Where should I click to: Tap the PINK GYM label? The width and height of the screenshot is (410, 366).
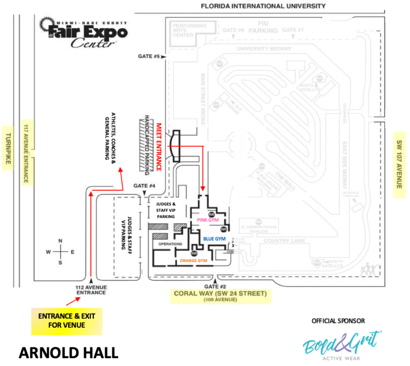pyautogui.click(x=208, y=220)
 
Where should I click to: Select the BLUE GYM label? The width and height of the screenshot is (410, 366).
pyautogui.click(x=214, y=239)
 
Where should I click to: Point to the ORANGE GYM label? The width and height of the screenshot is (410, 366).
pyautogui.click(x=193, y=261)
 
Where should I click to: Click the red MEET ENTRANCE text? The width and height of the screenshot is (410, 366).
pyautogui.click(x=159, y=147)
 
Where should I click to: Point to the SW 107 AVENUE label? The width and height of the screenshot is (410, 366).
pyautogui.click(x=399, y=165)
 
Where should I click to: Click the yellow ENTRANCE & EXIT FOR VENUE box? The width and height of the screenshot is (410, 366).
pyautogui.click(x=67, y=320)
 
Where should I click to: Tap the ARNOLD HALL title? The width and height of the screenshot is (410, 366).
pyautogui.click(x=68, y=353)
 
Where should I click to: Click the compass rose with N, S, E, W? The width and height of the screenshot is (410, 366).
pyautogui.click(x=60, y=251)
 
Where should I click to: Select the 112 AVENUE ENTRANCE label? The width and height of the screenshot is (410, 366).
pyautogui.click(x=91, y=290)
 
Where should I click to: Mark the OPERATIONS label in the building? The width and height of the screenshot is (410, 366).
pyautogui.click(x=170, y=244)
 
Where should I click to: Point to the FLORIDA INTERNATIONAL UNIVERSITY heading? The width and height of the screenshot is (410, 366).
pyautogui.click(x=263, y=6)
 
